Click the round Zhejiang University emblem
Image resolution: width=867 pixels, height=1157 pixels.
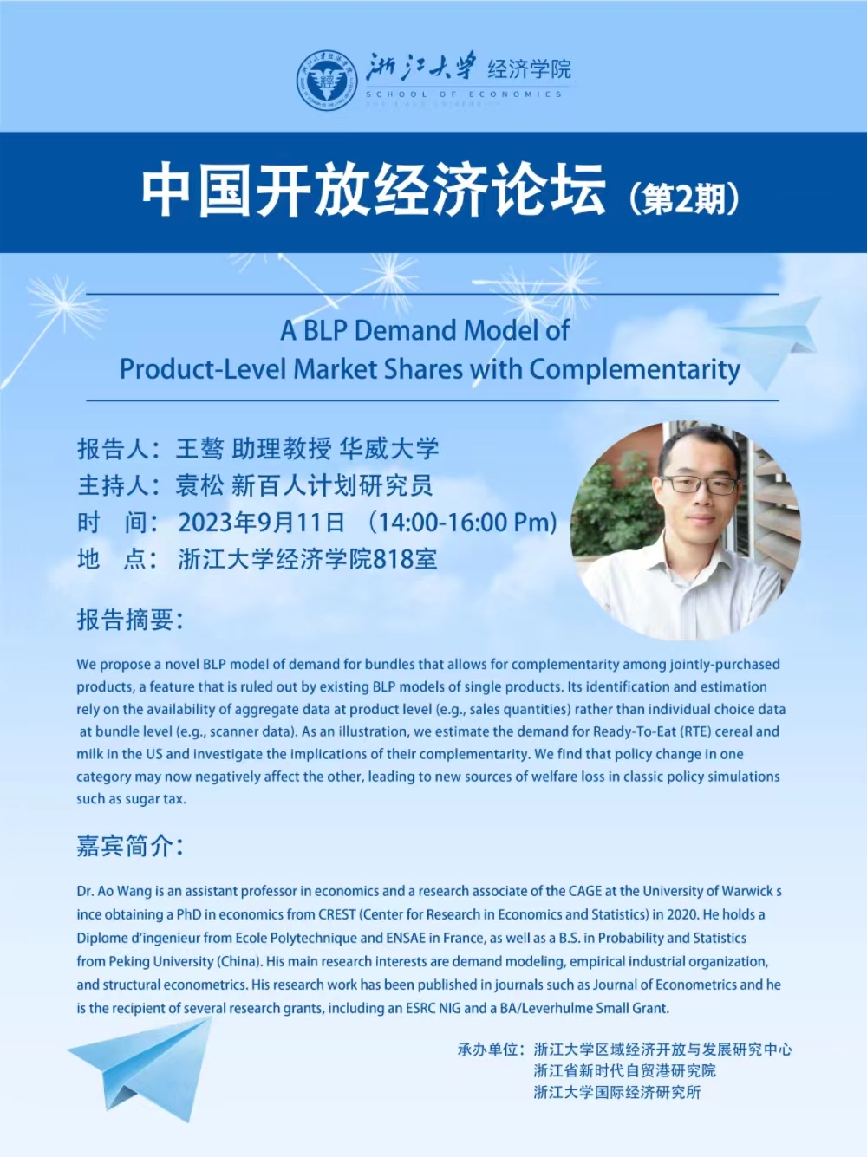[327, 81]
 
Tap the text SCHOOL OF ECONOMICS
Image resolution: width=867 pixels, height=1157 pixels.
[465, 94]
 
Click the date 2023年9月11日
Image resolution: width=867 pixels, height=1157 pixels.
[262, 523]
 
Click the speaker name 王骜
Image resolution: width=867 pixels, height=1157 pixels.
[199, 448]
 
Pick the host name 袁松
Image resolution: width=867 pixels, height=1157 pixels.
[199, 485]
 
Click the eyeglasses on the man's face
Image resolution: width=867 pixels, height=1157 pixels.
[700, 484]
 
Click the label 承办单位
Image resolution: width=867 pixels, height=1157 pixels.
[487, 1050]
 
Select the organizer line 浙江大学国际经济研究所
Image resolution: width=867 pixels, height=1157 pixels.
[617, 1093]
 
